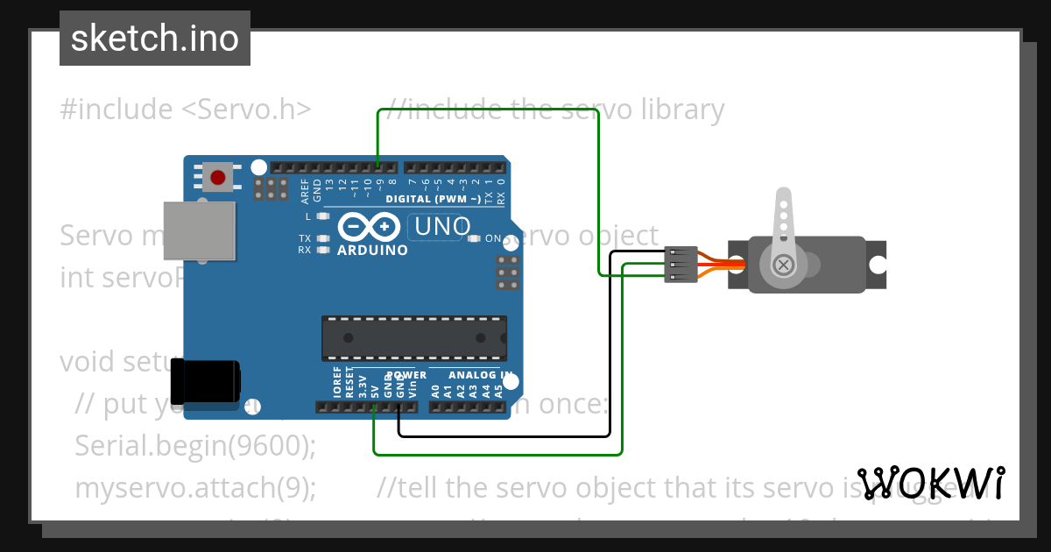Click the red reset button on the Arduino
click(x=217, y=177)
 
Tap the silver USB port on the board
click(x=200, y=230)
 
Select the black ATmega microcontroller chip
click(x=413, y=338)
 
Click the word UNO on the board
click(x=442, y=227)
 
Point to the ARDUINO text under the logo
click(x=372, y=250)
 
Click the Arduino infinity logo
click(x=369, y=227)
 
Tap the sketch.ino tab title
click(x=155, y=39)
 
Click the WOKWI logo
click(x=931, y=484)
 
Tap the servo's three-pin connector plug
click(x=681, y=265)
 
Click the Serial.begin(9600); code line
click(x=195, y=445)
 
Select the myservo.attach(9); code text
click(x=195, y=487)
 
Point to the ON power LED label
click(x=493, y=238)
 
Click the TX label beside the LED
click(x=304, y=238)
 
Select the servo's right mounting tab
click(x=876, y=264)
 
